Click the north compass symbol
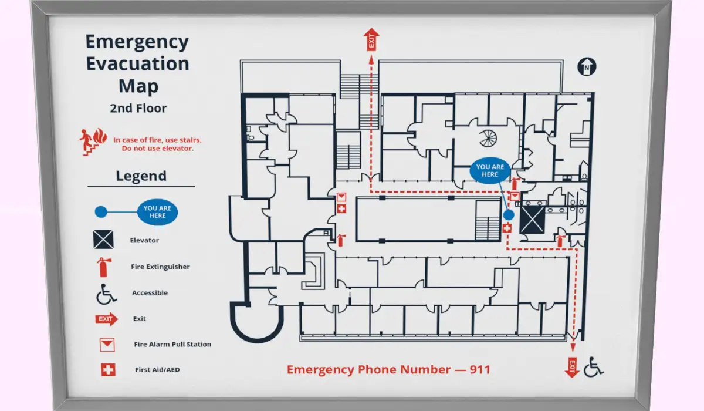pyautogui.click(x=587, y=67)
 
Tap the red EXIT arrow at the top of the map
pyautogui.click(x=371, y=39)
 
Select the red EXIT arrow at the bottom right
pyautogui.click(x=572, y=368)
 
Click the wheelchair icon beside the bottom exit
pyautogui.click(x=593, y=366)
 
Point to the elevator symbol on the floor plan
pyautogui.click(x=532, y=220)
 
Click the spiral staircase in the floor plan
pyautogui.click(x=488, y=139)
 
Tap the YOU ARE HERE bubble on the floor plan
pyautogui.click(x=490, y=170)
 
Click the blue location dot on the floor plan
pyautogui.click(x=509, y=215)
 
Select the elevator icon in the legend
pyautogui.click(x=103, y=240)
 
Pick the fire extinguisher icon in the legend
pyautogui.click(x=104, y=267)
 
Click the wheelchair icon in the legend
pyautogui.click(x=106, y=294)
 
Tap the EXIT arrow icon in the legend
pyautogui.click(x=107, y=319)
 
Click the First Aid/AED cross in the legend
pyautogui.click(x=108, y=370)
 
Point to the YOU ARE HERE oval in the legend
pyautogui.click(x=157, y=212)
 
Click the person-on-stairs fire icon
pyautogui.click(x=93, y=142)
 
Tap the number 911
pyautogui.click(x=480, y=369)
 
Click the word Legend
pyautogui.click(x=141, y=176)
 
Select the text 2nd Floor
pyautogui.click(x=138, y=108)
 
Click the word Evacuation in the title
pyautogui.click(x=138, y=63)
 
